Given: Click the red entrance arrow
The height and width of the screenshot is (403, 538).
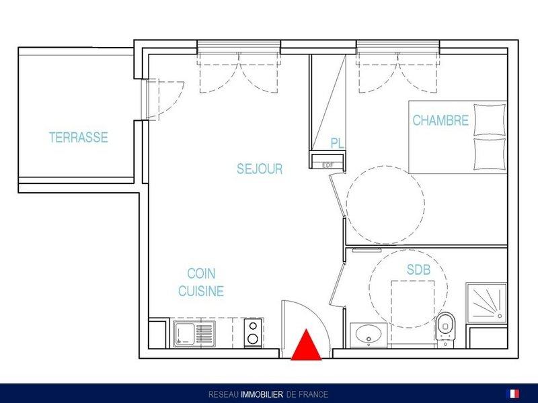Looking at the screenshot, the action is coord(306,345).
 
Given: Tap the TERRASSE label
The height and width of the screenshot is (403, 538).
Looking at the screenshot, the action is coord(79,138).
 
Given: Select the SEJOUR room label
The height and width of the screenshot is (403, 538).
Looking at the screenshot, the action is coord(260,169).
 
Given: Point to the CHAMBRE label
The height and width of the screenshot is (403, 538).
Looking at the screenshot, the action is coord(440,120).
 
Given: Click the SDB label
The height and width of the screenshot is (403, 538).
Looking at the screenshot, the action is coord(418,270).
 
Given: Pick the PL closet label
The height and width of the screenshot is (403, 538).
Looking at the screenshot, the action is coord(338,143).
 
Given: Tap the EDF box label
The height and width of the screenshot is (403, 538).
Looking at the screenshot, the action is coord(328,165).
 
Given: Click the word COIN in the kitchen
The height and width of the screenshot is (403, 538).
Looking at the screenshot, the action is coord(201,273).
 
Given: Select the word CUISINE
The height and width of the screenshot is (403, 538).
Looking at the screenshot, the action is coord(201,291).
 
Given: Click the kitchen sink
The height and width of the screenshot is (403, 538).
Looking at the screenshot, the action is coord(194,334).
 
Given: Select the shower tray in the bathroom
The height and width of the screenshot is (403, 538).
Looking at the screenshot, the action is coord(486,302).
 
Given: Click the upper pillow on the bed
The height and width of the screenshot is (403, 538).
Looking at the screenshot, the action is coord(490,120).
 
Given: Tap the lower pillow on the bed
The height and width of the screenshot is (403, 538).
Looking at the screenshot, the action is coord(490,154).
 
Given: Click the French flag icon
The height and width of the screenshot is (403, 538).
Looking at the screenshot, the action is coord(512,394).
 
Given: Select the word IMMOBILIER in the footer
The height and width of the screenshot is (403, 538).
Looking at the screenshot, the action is coord(262,394).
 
